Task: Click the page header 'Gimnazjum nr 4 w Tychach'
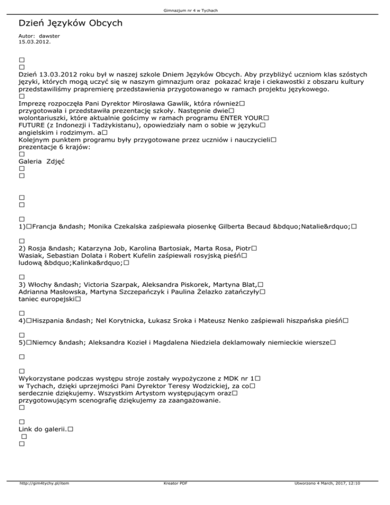point(195,11)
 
